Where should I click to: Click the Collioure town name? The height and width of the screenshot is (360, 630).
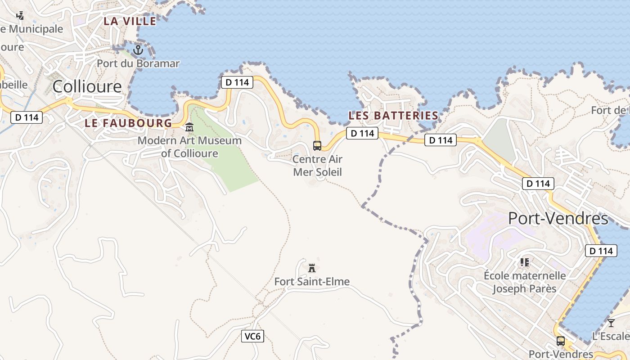tap(87, 86)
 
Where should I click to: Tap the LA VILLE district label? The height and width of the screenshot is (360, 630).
tap(130, 21)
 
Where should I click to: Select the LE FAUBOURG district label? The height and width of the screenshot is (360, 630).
tap(128, 123)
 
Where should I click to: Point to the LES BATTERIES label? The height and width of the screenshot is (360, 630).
tap(393, 116)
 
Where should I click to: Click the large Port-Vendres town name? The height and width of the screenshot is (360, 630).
tap(558, 219)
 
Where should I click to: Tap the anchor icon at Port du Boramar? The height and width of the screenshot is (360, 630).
tap(138, 49)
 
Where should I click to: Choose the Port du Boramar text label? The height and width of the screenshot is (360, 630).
tap(138, 63)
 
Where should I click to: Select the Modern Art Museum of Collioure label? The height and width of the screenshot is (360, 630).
tap(189, 147)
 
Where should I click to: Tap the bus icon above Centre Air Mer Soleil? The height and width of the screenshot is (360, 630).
tap(317, 145)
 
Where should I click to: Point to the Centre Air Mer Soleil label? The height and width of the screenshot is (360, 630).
tap(317, 166)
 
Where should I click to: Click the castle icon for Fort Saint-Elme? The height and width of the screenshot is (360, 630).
tap(312, 268)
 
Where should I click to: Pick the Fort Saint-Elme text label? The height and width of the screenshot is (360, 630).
tap(312, 282)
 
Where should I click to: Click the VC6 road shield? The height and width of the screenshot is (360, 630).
tap(252, 336)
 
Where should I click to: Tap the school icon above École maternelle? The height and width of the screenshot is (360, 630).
tap(524, 261)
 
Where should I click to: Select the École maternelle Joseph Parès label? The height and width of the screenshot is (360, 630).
tap(525, 282)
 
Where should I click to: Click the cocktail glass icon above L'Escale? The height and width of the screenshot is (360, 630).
tap(611, 323)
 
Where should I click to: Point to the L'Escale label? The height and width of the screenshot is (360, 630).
tap(611, 336)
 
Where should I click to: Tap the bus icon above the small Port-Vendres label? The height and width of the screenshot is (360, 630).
tap(560, 341)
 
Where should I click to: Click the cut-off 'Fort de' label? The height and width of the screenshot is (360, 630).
tap(610, 110)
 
